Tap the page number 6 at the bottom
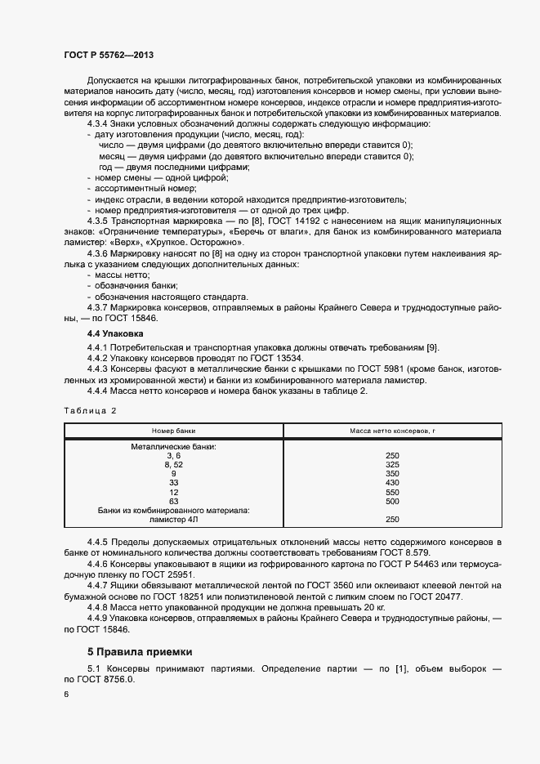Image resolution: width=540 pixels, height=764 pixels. pos(66,694)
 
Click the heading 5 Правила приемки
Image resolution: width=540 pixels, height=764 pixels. pos(140,651)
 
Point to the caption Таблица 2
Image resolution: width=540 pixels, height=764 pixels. pos(91,410)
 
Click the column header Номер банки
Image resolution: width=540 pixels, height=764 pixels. pos(173,431)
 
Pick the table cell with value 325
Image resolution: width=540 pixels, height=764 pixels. pos(391,464)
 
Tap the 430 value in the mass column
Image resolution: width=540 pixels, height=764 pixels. pos(391,483)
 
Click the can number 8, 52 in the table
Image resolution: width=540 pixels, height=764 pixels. pos(173,464)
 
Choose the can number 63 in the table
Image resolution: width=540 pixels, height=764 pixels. pos(173,501)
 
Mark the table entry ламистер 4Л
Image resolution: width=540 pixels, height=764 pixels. pos(173,519)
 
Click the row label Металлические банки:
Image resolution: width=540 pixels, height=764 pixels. pos(173,446)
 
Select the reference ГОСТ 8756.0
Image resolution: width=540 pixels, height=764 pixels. pos(108,680)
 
